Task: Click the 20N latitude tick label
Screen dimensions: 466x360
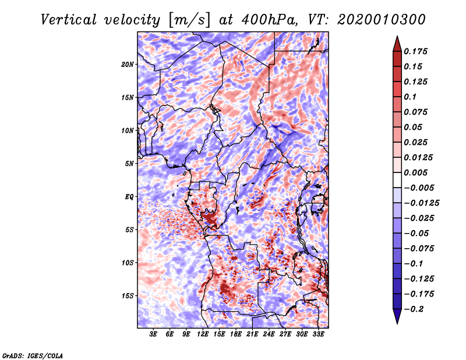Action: [127, 65]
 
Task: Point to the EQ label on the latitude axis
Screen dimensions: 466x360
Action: [129, 197]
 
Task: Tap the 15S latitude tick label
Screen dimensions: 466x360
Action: [128, 296]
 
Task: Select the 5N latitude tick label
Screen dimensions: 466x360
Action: [129, 164]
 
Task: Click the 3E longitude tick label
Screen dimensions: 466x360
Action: [153, 334]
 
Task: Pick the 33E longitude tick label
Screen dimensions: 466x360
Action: [318, 334]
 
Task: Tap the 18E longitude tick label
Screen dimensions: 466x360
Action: [236, 334]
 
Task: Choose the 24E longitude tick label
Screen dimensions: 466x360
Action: [269, 334]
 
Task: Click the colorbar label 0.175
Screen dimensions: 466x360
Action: [415, 51]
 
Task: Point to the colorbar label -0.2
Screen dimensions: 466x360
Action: [414, 309]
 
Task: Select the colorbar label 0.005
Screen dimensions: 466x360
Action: [415, 172]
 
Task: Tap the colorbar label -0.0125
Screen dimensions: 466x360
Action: [421, 203]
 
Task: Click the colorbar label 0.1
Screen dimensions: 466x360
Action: [410, 97]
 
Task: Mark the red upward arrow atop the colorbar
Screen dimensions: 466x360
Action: [397, 44]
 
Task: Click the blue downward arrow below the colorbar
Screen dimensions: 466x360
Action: [397, 316]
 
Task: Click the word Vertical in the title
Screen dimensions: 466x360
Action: [69, 20]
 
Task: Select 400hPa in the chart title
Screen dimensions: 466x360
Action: [269, 20]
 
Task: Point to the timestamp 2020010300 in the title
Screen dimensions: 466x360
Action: [381, 20]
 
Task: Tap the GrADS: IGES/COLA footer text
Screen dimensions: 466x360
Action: [33, 355]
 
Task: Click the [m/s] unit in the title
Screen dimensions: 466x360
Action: [189, 20]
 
